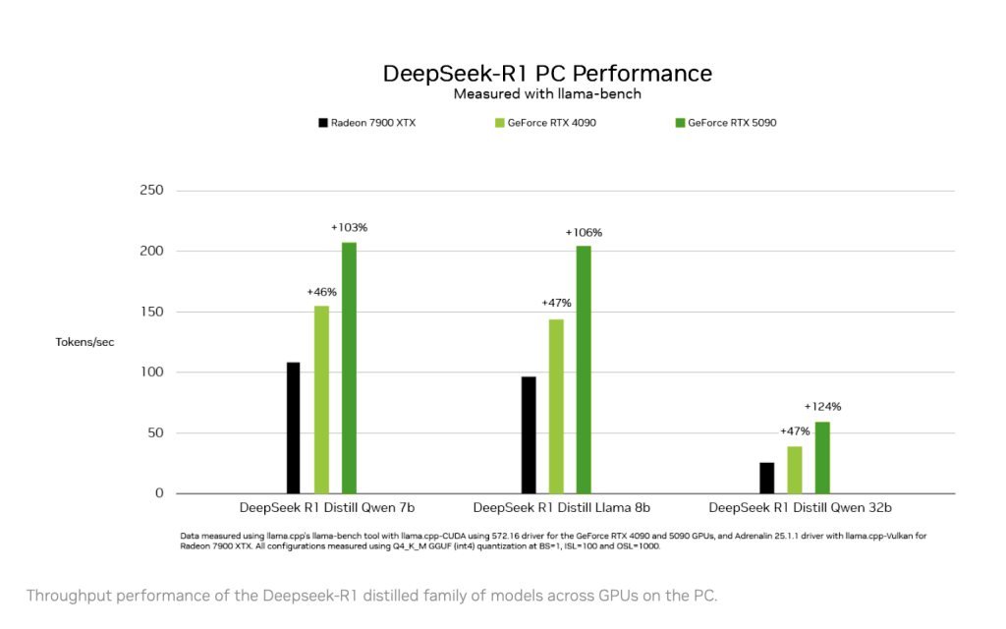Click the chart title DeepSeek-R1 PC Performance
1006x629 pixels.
pyautogui.click(x=547, y=74)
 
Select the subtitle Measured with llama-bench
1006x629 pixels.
pyautogui.click(x=547, y=94)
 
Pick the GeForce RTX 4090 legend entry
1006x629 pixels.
pyautogui.click(x=545, y=123)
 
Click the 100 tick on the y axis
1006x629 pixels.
pyautogui.click(x=150, y=372)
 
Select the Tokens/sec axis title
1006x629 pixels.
pyautogui.click(x=84, y=342)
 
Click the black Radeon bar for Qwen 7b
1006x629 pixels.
pyautogui.click(x=294, y=428)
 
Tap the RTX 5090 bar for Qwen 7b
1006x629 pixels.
pyautogui.click(x=349, y=369)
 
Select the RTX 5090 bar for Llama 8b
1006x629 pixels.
pyautogui.click(x=584, y=370)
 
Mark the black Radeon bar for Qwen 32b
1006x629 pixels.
pyautogui.click(x=766, y=478)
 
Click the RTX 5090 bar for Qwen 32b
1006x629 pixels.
pyautogui.click(x=822, y=458)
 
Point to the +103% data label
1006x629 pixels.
pyautogui.click(x=349, y=228)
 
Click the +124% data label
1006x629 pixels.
pyautogui.click(x=822, y=407)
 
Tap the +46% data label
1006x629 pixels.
pyautogui.click(x=321, y=292)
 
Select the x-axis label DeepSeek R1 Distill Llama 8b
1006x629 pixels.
pyautogui.click(x=561, y=508)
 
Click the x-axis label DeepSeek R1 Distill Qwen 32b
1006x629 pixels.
pyautogui.click(x=800, y=508)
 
